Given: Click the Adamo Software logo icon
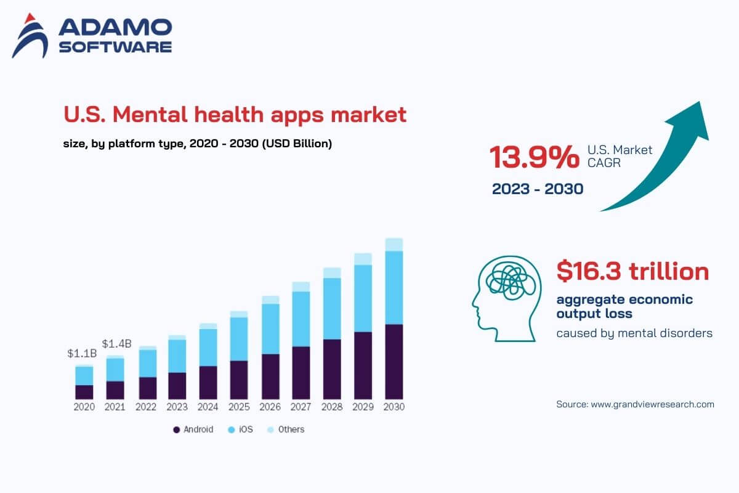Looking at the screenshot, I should pyautogui.click(x=30, y=36).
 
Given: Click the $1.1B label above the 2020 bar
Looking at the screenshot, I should pyautogui.click(x=82, y=354).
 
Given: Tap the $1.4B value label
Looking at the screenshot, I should pyautogui.click(x=116, y=343).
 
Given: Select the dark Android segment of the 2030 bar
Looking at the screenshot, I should pyautogui.click(x=394, y=361).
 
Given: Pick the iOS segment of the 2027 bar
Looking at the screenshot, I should pyautogui.click(x=301, y=319).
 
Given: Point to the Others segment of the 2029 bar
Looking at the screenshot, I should pyautogui.click(x=363, y=259).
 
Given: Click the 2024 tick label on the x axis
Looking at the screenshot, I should pyautogui.click(x=208, y=407).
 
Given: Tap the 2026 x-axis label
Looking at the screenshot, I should pyautogui.click(x=270, y=407).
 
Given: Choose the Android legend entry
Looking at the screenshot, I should pyautogui.click(x=193, y=430).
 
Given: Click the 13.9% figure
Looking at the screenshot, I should pyautogui.click(x=534, y=157).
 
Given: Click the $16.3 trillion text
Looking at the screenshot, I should pyautogui.click(x=632, y=271).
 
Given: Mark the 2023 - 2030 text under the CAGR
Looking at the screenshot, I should pyautogui.click(x=537, y=189).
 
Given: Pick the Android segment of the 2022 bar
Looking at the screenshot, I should pyautogui.click(x=147, y=388).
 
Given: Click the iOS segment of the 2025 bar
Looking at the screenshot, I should pyautogui.click(x=239, y=339).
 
